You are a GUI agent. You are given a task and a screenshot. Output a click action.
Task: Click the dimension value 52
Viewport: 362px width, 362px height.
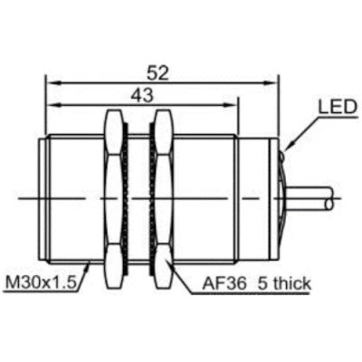[157, 73]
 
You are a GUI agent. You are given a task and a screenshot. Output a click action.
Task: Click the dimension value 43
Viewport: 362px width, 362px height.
[142, 96]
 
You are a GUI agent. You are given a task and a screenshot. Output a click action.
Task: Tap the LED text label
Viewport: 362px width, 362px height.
[338, 107]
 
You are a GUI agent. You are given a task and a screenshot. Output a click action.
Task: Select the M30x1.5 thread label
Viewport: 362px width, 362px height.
[41, 283]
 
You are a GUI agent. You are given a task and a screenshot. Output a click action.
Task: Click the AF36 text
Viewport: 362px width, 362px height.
[224, 283]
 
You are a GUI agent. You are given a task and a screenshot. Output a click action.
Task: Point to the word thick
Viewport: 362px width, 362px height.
[292, 283]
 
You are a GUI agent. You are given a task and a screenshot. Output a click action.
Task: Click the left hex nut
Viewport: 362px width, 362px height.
[114, 198]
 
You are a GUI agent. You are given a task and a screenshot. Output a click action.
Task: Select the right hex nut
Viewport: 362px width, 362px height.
[164, 198]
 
